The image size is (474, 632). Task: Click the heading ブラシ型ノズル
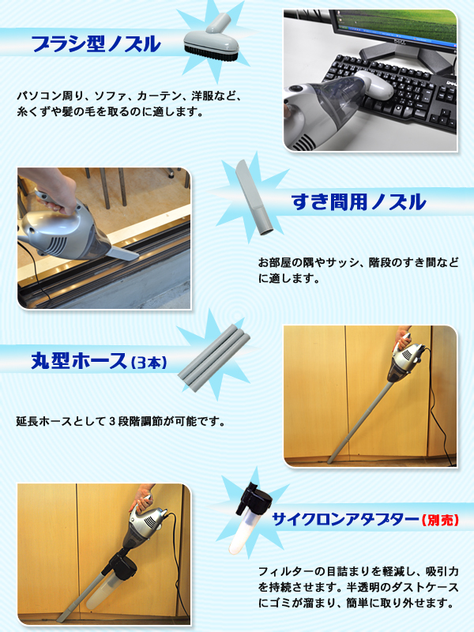pyautogui.click(x=96, y=43)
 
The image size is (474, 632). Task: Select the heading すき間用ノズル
pyautogui.click(x=359, y=201)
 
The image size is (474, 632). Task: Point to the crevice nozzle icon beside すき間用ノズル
pyautogui.click(x=254, y=197)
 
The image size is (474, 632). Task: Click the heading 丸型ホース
pyautogui.click(x=79, y=360)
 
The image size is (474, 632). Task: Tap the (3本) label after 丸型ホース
pyautogui.click(x=149, y=363)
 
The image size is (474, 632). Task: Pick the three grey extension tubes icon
pyautogui.click(x=213, y=358)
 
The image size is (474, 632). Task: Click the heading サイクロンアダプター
pyautogui.click(x=345, y=519)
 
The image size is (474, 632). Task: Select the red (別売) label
pyautogui.click(x=440, y=520)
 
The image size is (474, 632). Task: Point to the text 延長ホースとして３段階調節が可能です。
pyautogui.click(x=121, y=422)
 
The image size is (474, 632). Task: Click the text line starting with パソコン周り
pyautogui.click(x=129, y=96)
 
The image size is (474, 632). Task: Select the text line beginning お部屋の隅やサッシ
pyautogui.click(x=359, y=263)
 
